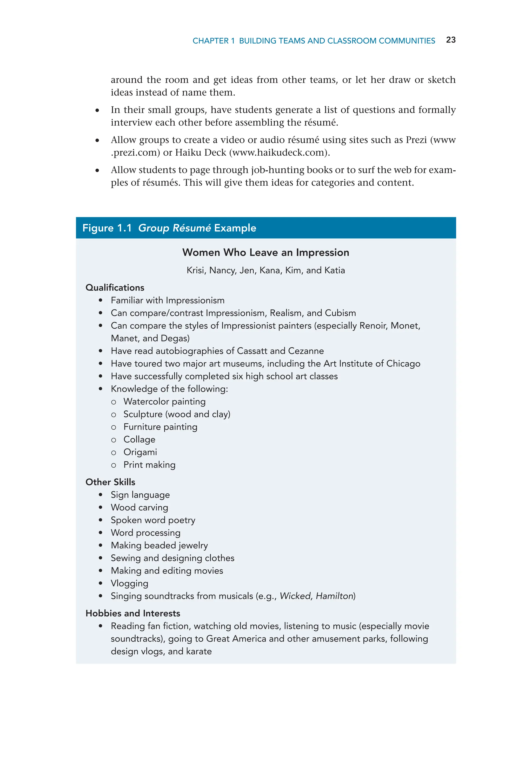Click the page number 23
[450, 40]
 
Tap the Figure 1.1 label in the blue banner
[107, 228]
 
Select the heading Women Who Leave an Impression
[265, 253]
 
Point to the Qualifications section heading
[115, 288]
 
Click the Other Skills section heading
[110, 482]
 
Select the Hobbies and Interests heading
[133, 613]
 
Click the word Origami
[140, 452]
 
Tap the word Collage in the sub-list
[139, 440]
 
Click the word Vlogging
[129, 583]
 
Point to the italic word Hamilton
[334, 596]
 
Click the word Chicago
[403, 364]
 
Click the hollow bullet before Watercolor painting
[114, 402]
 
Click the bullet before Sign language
[100, 495]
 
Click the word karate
[199, 652]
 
